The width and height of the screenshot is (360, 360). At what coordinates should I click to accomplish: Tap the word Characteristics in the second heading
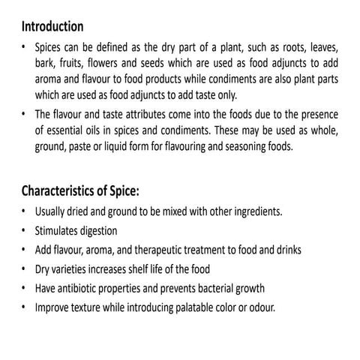pyautogui.click(x=66, y=190)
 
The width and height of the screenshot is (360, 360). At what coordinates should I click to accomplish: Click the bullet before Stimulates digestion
pyautogui.click(x=25, y=230)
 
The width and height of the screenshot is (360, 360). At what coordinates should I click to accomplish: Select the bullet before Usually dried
pyautogui.click(x=25, y=211)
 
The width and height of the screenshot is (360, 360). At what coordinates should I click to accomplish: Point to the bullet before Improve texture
pyautogui.click(x=25, y=307)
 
